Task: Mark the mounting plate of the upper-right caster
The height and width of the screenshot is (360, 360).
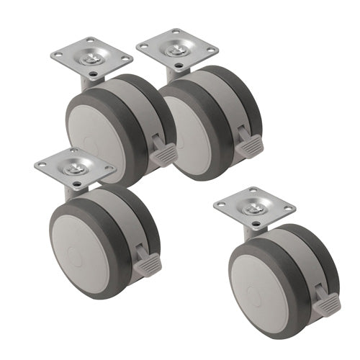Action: (x=178, y=48)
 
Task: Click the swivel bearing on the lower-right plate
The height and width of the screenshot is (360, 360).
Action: (x=255, y=207)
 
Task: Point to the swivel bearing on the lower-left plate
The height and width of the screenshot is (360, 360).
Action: (x=75, y=168)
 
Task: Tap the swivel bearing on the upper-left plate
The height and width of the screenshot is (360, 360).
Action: (x=92, y=57)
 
